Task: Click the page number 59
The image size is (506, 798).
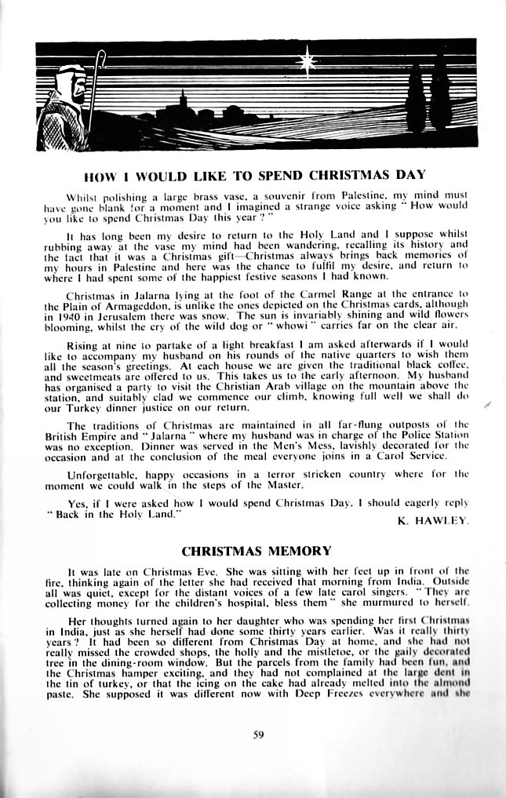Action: point(257,734)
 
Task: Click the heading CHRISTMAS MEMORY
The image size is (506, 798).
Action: point(257,550)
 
